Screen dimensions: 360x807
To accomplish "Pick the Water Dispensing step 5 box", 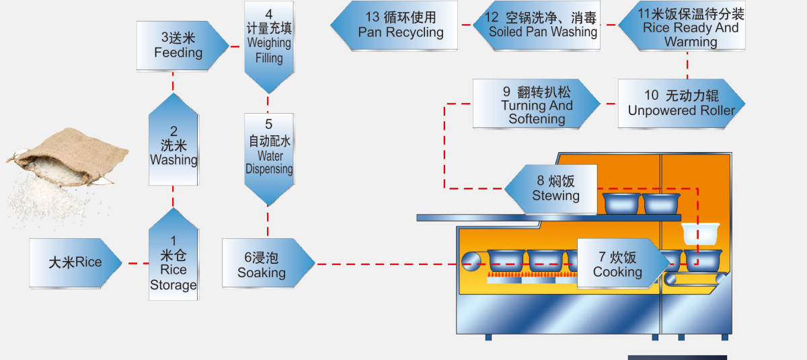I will (x=268, y=156).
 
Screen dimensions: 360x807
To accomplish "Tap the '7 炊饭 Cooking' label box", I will (x=617, y=264).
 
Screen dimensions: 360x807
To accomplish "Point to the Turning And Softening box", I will (x=536, y=104).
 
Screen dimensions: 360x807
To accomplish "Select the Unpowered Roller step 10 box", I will (x=681, y=104).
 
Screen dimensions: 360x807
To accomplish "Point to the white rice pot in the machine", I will (x=701, y=233).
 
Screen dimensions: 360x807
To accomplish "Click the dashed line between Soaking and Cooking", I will (x=377, y=264).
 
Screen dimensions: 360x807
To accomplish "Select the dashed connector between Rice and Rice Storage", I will (x=135, y=263).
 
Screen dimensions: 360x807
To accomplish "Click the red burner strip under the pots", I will (x=531, y=277).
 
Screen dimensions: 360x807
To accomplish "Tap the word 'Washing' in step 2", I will (x=174, y=160).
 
